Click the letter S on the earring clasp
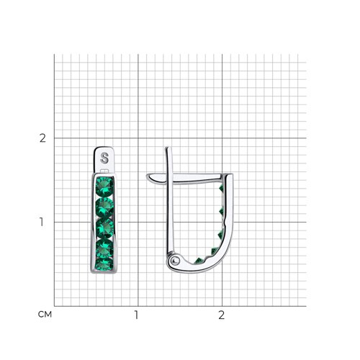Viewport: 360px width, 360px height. click(x=104, y=158)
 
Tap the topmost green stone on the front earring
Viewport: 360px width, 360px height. click(x=104, y=186)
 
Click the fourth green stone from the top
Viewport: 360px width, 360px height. click(x=105, y=248)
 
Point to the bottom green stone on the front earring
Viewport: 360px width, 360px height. click(x=104, y=264)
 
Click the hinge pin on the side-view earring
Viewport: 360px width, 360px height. click(x=175, y=260)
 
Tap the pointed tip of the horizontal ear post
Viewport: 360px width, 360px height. click(x=147, y=176)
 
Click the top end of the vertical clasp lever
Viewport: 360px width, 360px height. click(x=168, y=148)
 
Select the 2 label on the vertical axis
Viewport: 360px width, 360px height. click(x=42, y=138)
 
